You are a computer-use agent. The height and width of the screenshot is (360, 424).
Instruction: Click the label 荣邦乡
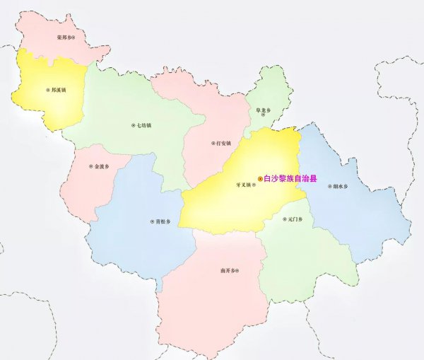click(x=64, y=36)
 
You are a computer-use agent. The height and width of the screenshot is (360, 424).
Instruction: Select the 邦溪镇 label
click(x=59, y=91)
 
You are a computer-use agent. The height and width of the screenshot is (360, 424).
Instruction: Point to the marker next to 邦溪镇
click(x=47, y=91)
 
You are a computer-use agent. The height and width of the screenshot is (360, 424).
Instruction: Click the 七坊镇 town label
click(x=144, y=126)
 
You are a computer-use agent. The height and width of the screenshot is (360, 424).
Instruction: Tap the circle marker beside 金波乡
click(x=90, y=168)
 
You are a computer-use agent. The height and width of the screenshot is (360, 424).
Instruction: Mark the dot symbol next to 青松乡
click(x=151, y=221)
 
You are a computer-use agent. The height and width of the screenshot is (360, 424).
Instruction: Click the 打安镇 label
click(x=223, y=143)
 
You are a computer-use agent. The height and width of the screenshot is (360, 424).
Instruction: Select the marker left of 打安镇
click(x=212, y=143)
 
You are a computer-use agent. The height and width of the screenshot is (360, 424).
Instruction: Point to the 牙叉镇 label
click(x=242, y=185)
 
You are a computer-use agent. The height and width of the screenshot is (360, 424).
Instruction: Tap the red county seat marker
click(x=259, y=180)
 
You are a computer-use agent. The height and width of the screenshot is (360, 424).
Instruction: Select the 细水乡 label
click(x=340, y=187)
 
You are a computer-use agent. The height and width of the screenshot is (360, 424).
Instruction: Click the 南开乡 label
click(x=227, y=271)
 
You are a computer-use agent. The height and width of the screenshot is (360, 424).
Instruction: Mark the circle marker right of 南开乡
click(x=237, y=271)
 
